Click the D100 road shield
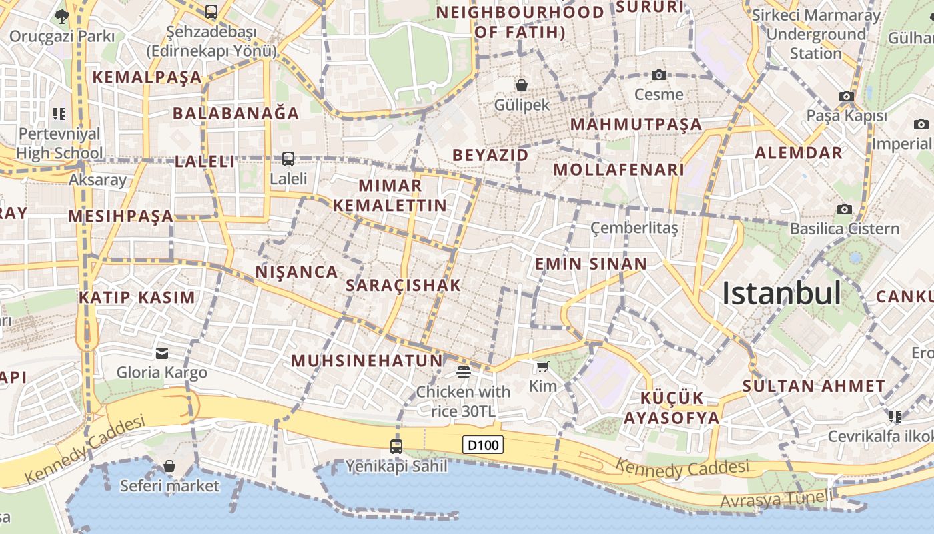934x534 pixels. pyautogui.click(x=482, y=445)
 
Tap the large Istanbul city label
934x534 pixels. pyautogui.click(x=781, y=293)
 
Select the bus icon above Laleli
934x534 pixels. pyautogui.click(x=288, y=159)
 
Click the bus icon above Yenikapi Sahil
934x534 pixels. pyautogui.click(x=396, y=446)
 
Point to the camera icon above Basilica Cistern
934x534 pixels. pyautogui.click(x=845, y=209)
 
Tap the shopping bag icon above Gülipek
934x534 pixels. pyautogui.click(x=522, y=85)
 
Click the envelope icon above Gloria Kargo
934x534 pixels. pyautogui.click(x=162, y=353)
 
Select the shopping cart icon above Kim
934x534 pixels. pyautogui.click(x=542, y=366)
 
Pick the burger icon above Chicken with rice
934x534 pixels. pyautogui.click(x=464, y=372)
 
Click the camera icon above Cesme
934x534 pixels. pyautogui.click(x=659, y=75)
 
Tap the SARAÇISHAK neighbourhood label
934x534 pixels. pyautogui.click(x=404, y=286)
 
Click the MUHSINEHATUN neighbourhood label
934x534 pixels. pyautogui.click(x=367, y=361)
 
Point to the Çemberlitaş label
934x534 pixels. pyautogui.click(x=634, y=228)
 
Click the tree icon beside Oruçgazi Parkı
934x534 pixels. pyautogui.click(x=62, y=16)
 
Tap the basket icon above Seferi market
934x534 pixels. pyautogui.click(x=169, y=465)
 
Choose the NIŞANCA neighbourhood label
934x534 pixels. pyautogui.click(x=297, y=272)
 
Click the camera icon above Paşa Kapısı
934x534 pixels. pyautogui.click(x=847, y=97)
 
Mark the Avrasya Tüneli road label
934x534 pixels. pyautogui.click(x=777, y=498)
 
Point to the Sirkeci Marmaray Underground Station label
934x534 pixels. pyautogui.click(x=816, y=34)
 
